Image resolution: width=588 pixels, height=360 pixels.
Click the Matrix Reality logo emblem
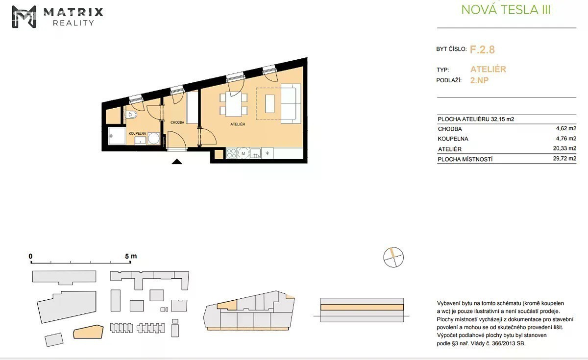pos(24,17)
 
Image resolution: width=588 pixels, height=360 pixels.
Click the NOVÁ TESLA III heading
pos(506,10)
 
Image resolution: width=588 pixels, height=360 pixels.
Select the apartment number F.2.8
pos(482,49)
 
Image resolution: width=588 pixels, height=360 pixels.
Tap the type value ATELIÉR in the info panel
pos(488,69)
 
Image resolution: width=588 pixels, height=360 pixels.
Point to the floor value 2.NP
pos(479,80)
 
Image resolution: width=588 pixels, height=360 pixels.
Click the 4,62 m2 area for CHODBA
pos(566,128)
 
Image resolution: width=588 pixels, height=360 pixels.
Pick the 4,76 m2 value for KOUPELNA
pos(566,139)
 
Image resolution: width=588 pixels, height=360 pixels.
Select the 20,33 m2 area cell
pos(564,148)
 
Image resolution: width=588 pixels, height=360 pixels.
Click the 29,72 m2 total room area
pos(564,159)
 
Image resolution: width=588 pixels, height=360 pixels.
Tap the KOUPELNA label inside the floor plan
pos(137,134)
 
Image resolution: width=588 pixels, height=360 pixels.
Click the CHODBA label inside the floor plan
pos(177,122)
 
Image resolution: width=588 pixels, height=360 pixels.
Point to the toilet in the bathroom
pos(131,115)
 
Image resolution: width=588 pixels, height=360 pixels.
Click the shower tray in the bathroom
pos(117,136)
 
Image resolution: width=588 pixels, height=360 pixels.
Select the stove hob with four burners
pos(231,153)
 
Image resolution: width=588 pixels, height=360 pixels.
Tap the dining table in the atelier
pos(234,104)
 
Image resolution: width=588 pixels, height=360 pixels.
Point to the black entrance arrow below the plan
pos(177,161)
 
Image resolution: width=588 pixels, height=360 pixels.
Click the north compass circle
pos(393,257)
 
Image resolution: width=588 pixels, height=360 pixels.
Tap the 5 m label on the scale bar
pos(131,256)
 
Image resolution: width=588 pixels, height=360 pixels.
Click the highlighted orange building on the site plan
pos(88,332)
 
